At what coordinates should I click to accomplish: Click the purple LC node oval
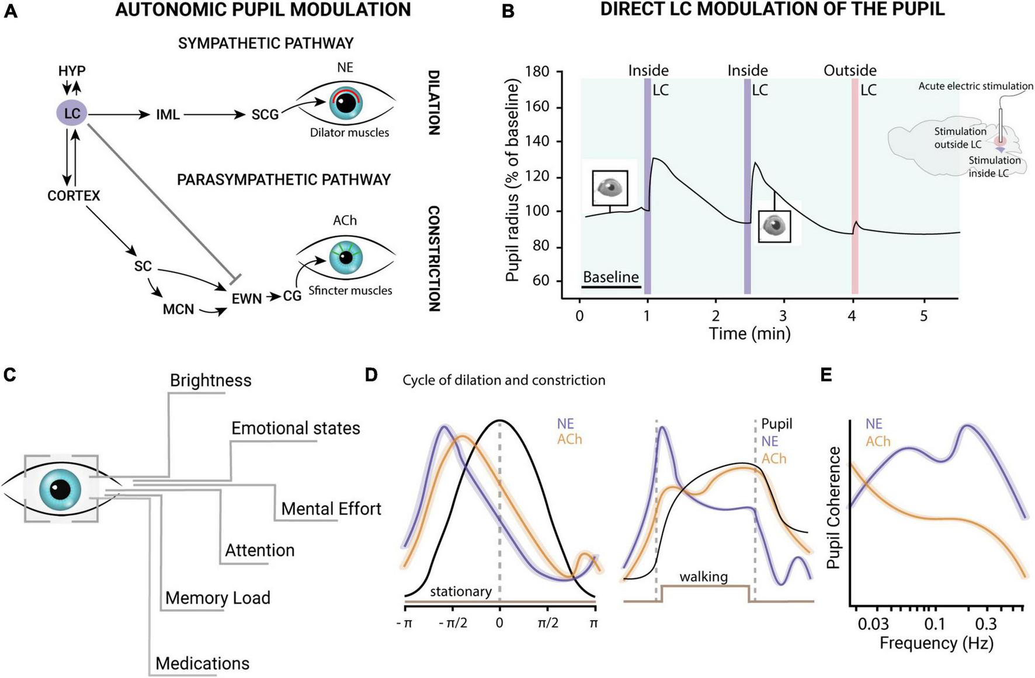[72, 113]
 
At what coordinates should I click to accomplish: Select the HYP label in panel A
[72, 71]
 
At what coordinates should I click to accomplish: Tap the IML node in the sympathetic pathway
[168, 115]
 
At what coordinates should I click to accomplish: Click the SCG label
[265, 115]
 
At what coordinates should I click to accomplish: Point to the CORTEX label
[74, 196]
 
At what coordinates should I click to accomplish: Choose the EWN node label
[246, 299]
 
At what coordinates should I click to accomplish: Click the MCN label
[178, 309]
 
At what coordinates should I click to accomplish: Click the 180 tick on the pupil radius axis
[537, 72]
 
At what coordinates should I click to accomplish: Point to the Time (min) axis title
[749, 334]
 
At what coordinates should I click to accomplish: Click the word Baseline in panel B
[611, 276]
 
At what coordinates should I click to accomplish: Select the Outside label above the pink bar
[850, 71]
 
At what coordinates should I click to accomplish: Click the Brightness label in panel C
[210, 380]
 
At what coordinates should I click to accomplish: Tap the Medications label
[202, 664]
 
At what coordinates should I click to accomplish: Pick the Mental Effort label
[331, 509]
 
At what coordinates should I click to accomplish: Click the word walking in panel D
[703, 577]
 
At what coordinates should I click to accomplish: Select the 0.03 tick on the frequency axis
[873, 624]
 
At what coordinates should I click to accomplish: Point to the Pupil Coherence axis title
[833, 507]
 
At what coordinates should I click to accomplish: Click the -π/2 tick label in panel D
[453, 623]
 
